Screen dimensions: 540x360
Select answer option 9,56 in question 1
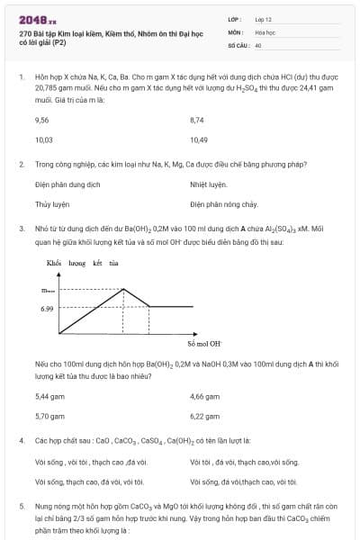[41, 119]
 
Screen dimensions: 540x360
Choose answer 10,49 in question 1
[199, 139]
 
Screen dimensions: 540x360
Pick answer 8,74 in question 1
[197, 119]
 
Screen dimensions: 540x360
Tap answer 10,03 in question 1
[43, 139]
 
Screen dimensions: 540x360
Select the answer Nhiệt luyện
[209, 184]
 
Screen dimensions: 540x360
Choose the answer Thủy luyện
[52, 204]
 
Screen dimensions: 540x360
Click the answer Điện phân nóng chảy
[224, 204]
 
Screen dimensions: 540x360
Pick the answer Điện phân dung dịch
[67, 184]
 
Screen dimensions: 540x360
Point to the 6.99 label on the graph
[47, 308]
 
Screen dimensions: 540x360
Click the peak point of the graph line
[123, 289]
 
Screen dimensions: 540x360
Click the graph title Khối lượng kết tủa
[82, 263]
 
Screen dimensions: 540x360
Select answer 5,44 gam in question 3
[49, 396]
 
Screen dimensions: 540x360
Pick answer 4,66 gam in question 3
[204, 396]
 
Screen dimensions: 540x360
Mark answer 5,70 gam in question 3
[49, 417]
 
